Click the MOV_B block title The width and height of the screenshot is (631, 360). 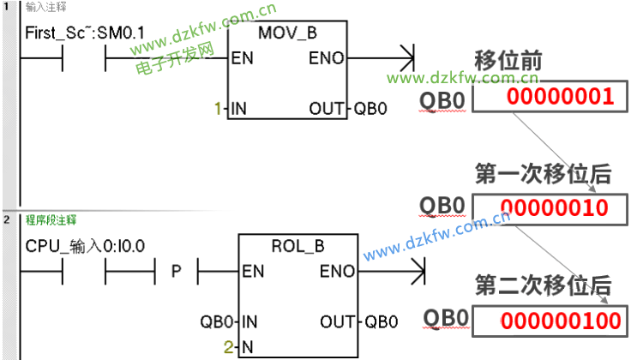[x=287, y=33]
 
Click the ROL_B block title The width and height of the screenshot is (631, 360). [x=297, y=246]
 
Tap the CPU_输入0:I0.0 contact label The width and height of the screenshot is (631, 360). [x=85, y=246]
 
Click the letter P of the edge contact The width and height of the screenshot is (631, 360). [x=177, y=272]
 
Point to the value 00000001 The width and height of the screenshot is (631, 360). [x=560, y=96]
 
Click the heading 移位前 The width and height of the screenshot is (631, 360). [x=508, y=62]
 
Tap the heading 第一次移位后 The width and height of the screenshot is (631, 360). [x=543, y=173]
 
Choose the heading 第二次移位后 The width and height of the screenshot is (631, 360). [x=543, y=285]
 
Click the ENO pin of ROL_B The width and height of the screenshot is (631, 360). [x=337, y=272]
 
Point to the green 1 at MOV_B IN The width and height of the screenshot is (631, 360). [x=218, y=109]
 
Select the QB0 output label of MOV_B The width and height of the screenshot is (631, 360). [x=370, y=109]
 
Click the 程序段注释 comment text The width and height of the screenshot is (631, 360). [x=51, y=220]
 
